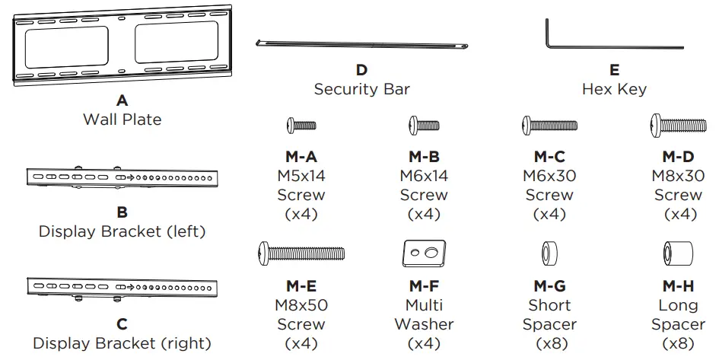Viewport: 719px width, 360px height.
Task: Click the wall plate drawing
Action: click(x=122, y=47)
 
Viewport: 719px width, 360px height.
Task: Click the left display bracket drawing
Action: click(x=122, y=178)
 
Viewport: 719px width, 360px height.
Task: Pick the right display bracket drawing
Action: click(x=122, y=288)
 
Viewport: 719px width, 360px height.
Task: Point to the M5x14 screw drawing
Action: click(x=301, y=125)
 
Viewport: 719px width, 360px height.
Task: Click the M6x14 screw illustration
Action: click(x=424, y=125)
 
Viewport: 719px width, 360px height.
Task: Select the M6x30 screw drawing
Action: click(x=549, y=125)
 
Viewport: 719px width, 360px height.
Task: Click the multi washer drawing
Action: click(x=424, y=253)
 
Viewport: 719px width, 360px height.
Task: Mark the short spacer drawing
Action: click(x=549, y=253)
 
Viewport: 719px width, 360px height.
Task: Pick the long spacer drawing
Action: click(x=677, y=253)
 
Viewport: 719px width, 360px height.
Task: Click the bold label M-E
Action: click(x=301, y=286)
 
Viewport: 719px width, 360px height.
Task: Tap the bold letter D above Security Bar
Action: click(x=361, y=70)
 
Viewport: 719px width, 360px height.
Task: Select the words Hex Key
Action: click(x=614, y=89)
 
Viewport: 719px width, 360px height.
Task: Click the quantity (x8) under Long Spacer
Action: click(x=677, y=343)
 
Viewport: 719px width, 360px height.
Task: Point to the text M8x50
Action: click(x=301, y=305)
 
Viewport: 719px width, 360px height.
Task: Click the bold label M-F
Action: click(x=424, y=286)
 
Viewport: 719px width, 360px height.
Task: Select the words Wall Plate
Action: click(x=122, y=119)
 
